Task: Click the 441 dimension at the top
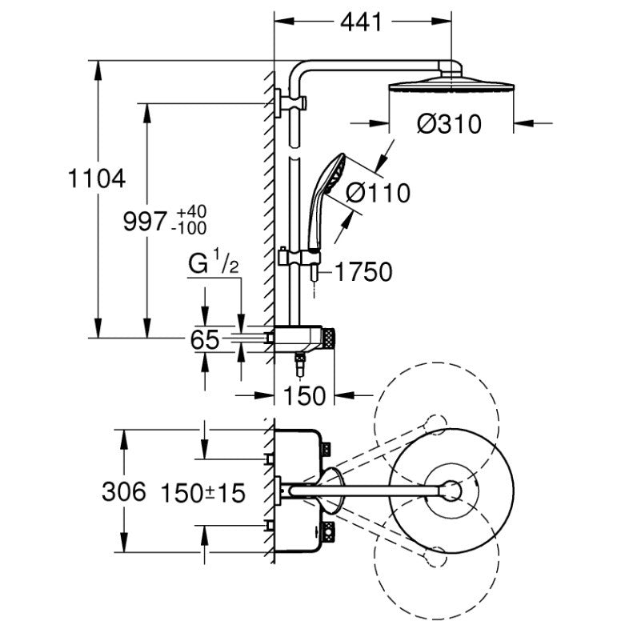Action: pyautogui.click(x=361, y=22)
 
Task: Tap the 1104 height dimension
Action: pyautogui.click(x=97, y=178)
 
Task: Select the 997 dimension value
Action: pyautogui.click(x=144, y=221)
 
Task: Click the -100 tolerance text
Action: pyautogui.click(x=189, y=228)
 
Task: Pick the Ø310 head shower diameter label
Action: pyautogui.click(x=449, y=123)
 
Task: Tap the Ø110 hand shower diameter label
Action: pyautogui.click(x=378, y=193)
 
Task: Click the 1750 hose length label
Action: pyautogui.click(x=363, y=272)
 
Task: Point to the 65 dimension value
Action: pyautogui.click(x=205, y=340)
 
